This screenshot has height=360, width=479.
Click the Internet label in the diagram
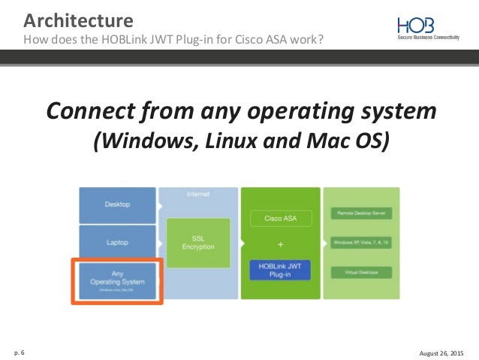[x=199, y=194]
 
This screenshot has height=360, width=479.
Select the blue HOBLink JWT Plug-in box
[x=276, y=270]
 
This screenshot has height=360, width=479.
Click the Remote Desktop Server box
[x=362, y=213]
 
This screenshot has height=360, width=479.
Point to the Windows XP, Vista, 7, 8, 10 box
[x=362, y=242]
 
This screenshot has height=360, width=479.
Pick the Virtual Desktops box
[x=362, y=271]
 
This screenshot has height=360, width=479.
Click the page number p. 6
[x=18, y=350]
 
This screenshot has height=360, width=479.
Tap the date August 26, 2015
[x=441, y=350]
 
